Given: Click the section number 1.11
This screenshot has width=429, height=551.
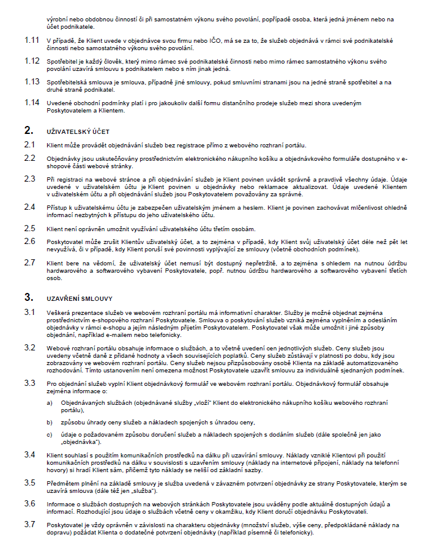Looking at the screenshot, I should point(32,40).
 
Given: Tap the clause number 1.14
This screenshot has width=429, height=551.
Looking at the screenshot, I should point(32,102).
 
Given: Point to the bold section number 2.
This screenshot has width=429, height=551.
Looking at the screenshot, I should point(28,130).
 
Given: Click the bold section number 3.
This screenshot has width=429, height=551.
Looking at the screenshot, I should point(28,298).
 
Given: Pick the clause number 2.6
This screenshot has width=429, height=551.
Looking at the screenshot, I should point(30,242).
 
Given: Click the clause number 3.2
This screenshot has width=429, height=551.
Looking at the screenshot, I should point(30,347).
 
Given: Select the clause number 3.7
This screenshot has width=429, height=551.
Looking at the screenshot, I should point(30,524).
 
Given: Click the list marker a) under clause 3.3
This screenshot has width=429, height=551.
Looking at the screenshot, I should point(50,403).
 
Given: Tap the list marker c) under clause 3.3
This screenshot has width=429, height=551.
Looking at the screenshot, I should point(50,434).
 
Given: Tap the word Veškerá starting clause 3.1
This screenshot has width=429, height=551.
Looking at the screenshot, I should point(58,312).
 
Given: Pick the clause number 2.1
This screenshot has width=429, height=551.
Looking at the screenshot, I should point(30,144).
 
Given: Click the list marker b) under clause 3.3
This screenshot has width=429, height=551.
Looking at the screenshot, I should point(50,423).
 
